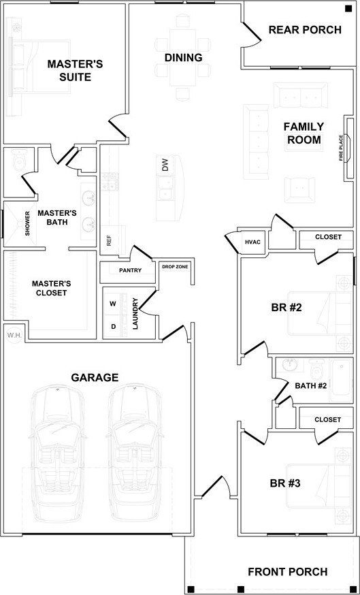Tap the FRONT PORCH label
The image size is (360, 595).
287,572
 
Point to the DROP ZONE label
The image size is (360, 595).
175,266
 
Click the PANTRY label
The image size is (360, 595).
130,270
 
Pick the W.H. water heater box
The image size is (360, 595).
12,334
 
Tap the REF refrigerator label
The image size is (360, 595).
109,240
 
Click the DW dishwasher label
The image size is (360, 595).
165,165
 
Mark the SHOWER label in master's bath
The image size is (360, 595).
28,223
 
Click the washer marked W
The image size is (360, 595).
113,303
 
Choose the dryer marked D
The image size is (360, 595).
113,326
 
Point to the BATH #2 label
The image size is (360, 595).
311,386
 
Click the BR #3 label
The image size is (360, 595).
286,483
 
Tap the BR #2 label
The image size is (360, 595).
286,307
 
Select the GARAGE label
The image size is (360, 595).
95,377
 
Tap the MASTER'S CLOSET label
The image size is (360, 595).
50,288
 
